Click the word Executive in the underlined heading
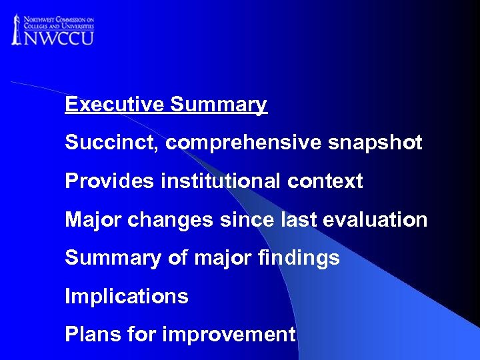[x=115, y=105]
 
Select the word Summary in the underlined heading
[x=219, y=105]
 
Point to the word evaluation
[x=379, y=219]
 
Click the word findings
[x=300, y=258]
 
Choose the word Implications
[x=127, y=296]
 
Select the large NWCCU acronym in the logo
[x=59, y=36]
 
